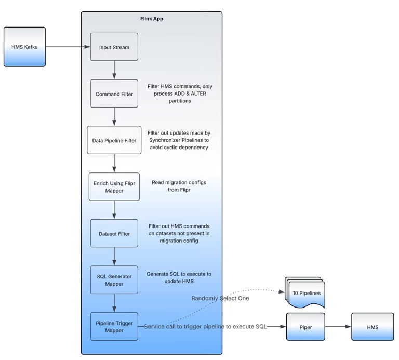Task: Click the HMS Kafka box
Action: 24,47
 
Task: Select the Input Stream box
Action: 114,47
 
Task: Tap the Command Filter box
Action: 114,94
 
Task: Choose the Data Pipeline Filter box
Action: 114,140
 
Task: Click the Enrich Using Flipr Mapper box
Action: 114,187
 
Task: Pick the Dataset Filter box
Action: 114,234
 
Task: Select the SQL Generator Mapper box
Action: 114,280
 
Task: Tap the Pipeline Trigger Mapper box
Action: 114,327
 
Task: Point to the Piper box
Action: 306,327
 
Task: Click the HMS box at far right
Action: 373,327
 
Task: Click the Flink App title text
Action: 152,19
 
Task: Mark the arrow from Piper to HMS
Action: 338,327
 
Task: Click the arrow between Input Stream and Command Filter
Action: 114,70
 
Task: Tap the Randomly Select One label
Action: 220,298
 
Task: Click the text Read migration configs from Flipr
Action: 178,186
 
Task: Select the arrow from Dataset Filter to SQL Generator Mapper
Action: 114,257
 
